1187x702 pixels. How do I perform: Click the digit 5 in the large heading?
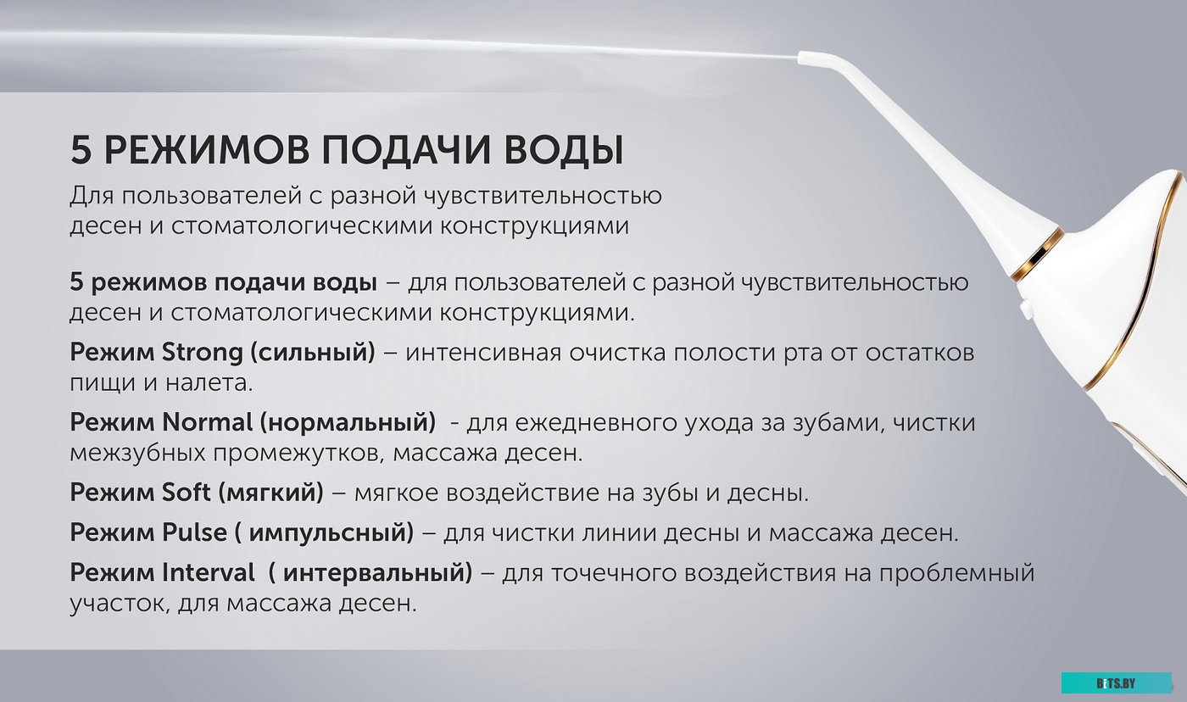coord(80,151)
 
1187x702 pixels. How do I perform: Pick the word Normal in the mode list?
coord(207,421)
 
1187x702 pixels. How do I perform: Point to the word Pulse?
coord(194,532)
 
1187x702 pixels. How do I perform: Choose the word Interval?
coord(207,573)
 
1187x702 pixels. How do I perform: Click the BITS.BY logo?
coord(1116,683)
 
